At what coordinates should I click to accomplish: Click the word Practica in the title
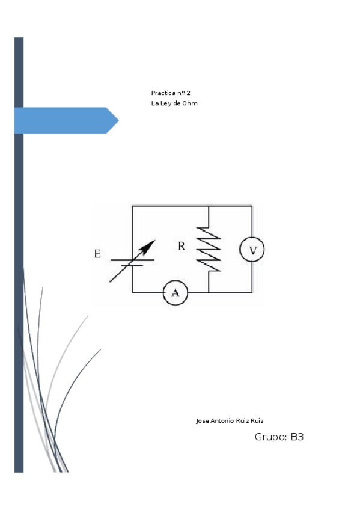click(162, 93)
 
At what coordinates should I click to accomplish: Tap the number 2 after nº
click(188, 93)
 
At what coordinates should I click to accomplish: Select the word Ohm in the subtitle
click(191, 103)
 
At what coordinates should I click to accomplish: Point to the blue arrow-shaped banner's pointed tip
click(117, 120)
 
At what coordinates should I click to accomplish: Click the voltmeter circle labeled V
click(252, 250)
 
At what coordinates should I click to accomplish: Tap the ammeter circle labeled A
click(175, 293)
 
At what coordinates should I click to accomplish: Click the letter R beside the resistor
click(182, 246)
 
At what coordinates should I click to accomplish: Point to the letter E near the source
click(97, 254)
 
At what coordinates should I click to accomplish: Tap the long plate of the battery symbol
click(132, 260)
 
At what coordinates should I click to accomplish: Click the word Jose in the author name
click(203, 420)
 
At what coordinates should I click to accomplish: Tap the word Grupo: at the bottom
click(271, 437)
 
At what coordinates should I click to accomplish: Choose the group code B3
click(297, 437)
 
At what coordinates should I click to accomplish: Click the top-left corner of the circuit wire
click(132, 206)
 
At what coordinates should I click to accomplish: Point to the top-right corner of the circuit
click(252, 206)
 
